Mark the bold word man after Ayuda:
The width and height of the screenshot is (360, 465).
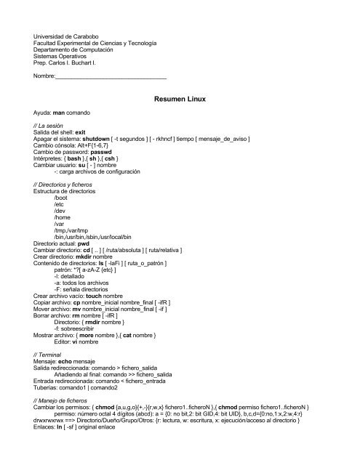point(60,114)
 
